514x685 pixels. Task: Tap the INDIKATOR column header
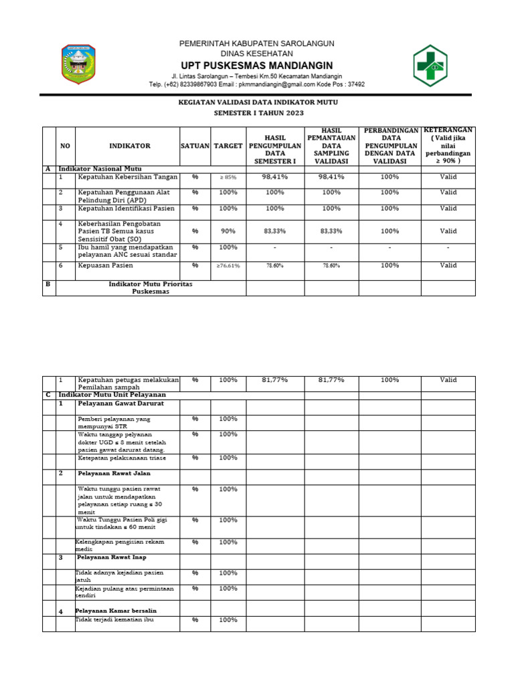coord(130,145)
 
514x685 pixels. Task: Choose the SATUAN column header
coord(195,145)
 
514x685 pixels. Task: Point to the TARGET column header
coord(228,145)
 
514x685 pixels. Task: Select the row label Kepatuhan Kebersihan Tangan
coord(127,177)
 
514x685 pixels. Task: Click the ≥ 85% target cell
coord(228,177)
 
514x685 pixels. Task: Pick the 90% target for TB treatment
coord(228,231)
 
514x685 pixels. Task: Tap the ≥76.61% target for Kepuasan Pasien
coord(228,266)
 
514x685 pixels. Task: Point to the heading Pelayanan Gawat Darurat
coord(120,404)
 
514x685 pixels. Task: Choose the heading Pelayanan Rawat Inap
coord(112,557)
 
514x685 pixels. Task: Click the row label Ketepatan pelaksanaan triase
coord(121,458)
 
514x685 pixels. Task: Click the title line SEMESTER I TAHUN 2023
coord(258,114)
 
